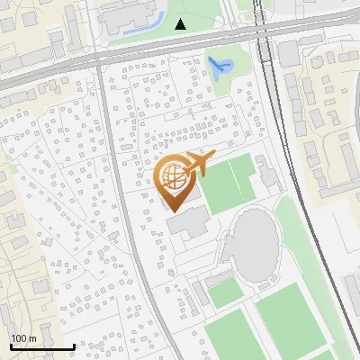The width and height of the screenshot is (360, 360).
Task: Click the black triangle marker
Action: pos(181,24)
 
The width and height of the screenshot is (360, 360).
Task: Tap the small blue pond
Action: pos(219,65)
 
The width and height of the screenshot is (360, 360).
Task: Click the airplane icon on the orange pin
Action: pos(197,165)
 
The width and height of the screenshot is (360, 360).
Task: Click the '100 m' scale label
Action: pos(23,338)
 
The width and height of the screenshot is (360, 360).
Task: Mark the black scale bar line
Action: pos(41,347)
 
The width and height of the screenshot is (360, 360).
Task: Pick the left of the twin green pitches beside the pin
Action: pos(218,187)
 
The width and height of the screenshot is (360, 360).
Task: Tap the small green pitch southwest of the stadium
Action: pos(221,292)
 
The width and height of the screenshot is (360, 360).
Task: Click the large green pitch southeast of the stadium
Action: pos(292,319)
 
